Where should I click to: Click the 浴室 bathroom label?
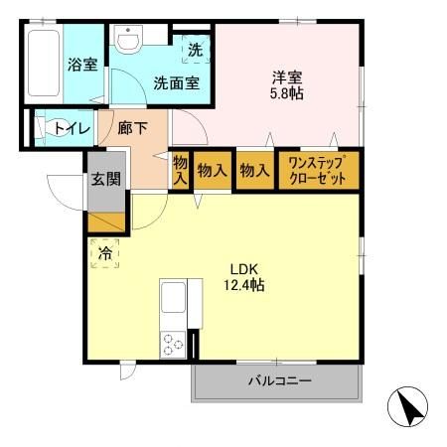click(81, 67)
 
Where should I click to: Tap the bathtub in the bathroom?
click(42, 65)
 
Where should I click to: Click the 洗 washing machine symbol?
click(196, 50)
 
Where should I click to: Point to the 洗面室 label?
click(176, 83)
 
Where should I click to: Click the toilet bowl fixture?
click(43, 128)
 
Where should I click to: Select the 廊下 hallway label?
click(132, 128)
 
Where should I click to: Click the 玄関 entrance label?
click(107, 180)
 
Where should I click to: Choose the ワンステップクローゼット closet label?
click(316, 169)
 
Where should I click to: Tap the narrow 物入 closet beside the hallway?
click(180, 170)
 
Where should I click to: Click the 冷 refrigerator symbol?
click(104, 253)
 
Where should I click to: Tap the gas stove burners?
click(173, 345)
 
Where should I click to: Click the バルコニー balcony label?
click(279, 382)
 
